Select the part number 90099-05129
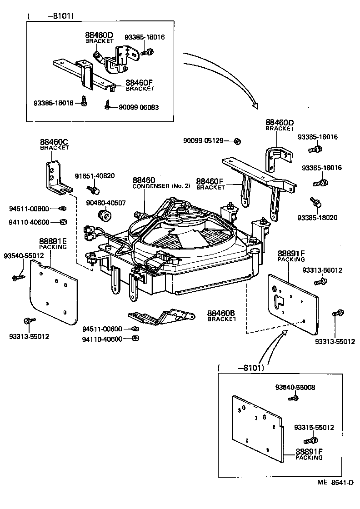tap(203, 141)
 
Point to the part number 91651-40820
tap(95, 176)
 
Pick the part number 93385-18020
tap(317, 218)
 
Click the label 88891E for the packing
tap(53, 241)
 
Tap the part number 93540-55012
tap(24, 256)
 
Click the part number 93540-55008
tap(295, 388)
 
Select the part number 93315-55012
tap(314, 428)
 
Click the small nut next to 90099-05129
tap(237, 141)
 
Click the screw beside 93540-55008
tap(293, 398)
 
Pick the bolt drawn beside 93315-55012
tap(310, 440)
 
